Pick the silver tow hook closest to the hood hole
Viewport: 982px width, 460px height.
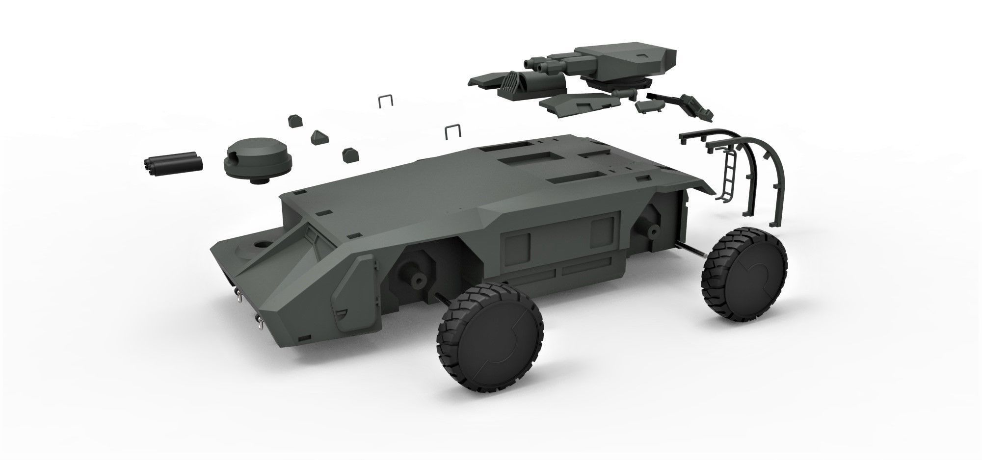239,295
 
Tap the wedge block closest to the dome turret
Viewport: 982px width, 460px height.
294,120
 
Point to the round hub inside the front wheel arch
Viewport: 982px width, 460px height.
418,280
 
